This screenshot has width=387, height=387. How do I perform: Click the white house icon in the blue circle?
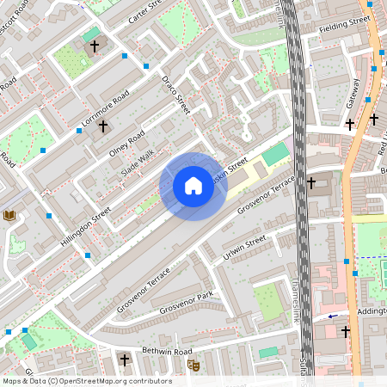193,186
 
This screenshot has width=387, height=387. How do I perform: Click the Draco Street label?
175,94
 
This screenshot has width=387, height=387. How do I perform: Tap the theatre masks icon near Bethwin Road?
193,365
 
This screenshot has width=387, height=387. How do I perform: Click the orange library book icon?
9,215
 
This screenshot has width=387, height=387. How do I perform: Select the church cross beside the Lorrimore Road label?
103,126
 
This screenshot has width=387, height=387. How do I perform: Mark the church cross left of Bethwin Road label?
125,359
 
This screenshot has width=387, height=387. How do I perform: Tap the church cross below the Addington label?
346,331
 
